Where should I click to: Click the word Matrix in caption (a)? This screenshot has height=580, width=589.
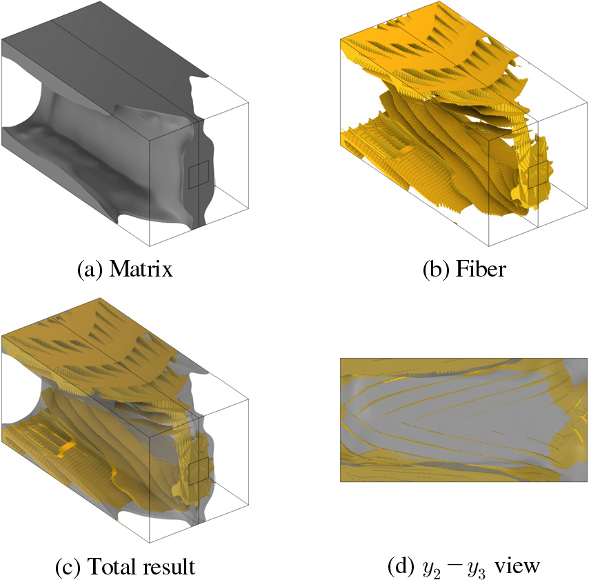pos(141,269)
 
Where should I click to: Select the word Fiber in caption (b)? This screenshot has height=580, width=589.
pos(481,269)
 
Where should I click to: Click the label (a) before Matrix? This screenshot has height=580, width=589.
pos(90,270)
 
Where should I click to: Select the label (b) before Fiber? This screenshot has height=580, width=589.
pos(436,270)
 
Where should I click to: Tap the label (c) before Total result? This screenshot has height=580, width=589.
pos(68,566)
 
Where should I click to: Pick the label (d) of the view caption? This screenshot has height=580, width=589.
pos(401,566)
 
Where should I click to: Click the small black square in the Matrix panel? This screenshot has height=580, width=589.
pos(199,174)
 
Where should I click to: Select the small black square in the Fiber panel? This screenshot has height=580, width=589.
pos(538,174)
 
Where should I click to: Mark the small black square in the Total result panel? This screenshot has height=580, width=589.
pos(199,471)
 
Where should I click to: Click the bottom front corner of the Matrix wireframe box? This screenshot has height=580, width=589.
pos(150,246)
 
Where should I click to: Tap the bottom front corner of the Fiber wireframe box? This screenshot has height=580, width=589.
pos(489,246)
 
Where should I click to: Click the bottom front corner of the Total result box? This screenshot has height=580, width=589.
pos(150,543)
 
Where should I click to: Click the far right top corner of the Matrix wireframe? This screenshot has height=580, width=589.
pos(249,102)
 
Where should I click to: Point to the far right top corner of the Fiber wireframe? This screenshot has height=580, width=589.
pos(587,102)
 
